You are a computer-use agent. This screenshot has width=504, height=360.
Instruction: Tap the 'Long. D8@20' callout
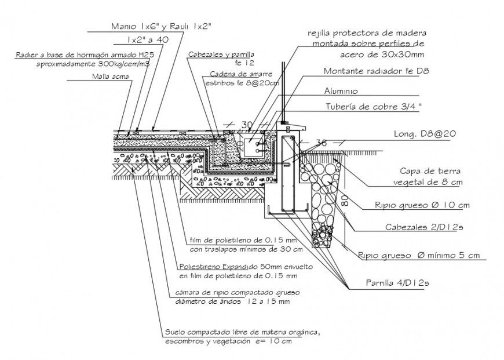(425, 133)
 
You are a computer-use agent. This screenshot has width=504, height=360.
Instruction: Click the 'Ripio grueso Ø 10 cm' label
(414, 205)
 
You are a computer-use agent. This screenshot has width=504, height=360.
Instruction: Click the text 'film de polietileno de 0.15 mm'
(244, 240)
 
